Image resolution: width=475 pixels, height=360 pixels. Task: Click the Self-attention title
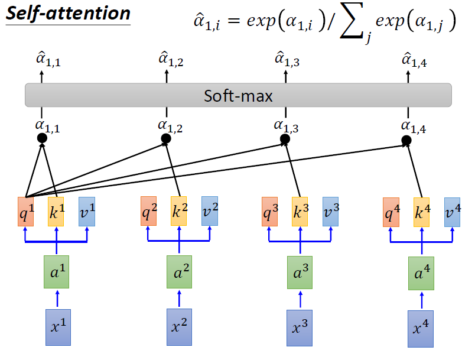coord(67,14)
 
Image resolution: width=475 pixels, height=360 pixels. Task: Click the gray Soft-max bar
coord(238,95)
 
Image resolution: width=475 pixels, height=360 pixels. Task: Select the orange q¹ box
coord(27,212)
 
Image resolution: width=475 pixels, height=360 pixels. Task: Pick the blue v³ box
coord(331,212)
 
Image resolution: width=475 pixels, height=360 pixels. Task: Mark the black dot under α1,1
coord(42,138)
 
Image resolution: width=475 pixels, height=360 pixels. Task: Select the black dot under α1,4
coord(406,141)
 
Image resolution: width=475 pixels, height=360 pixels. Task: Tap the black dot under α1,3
coord(285,140)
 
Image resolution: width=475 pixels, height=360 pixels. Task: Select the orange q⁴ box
coord(391,212)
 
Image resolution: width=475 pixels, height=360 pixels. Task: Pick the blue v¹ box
coord(87,212)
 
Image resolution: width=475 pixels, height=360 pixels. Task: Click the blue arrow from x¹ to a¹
coord(57,298)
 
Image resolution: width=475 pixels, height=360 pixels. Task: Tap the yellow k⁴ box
coord(421,212)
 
